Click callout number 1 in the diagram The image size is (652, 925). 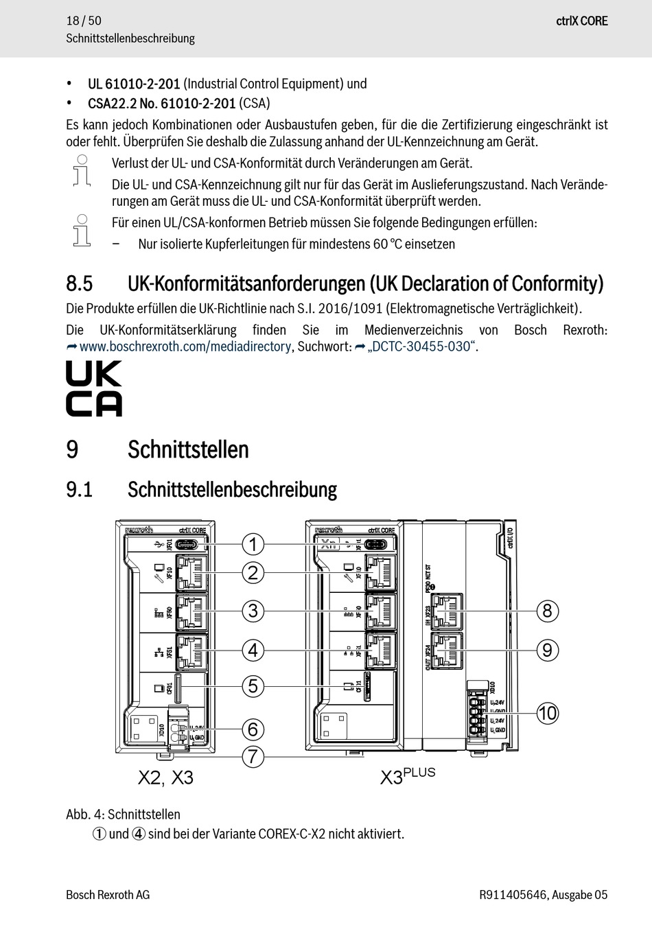[x=253, y=544]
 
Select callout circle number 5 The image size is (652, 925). [x=253, y=686]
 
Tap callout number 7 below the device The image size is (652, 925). [x=253, y=757]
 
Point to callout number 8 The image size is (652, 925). [x=547, y=611]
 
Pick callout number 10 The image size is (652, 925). [x=547, y=713]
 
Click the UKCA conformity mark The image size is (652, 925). [x=94, y=389]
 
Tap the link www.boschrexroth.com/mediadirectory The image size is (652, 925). [x=185, y=347]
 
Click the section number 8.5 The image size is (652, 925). [x=79, y=283]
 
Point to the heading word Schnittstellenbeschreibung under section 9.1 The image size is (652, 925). [x=232, y=490]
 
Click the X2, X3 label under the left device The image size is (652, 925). [x=165, y=777]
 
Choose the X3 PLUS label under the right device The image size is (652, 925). [x=408, y=776]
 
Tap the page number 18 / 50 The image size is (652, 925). [x=84, y=21]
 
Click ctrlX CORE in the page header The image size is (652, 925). [x=582, y=21]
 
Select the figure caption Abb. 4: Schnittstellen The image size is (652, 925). [x=123, y=815]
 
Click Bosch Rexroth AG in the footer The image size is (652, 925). [x=108, y=895]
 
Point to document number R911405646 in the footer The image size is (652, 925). [x=513, y=895]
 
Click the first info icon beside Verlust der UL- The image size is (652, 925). [x=82, y=171]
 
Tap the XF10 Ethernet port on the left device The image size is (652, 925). [x=192, y=572]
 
